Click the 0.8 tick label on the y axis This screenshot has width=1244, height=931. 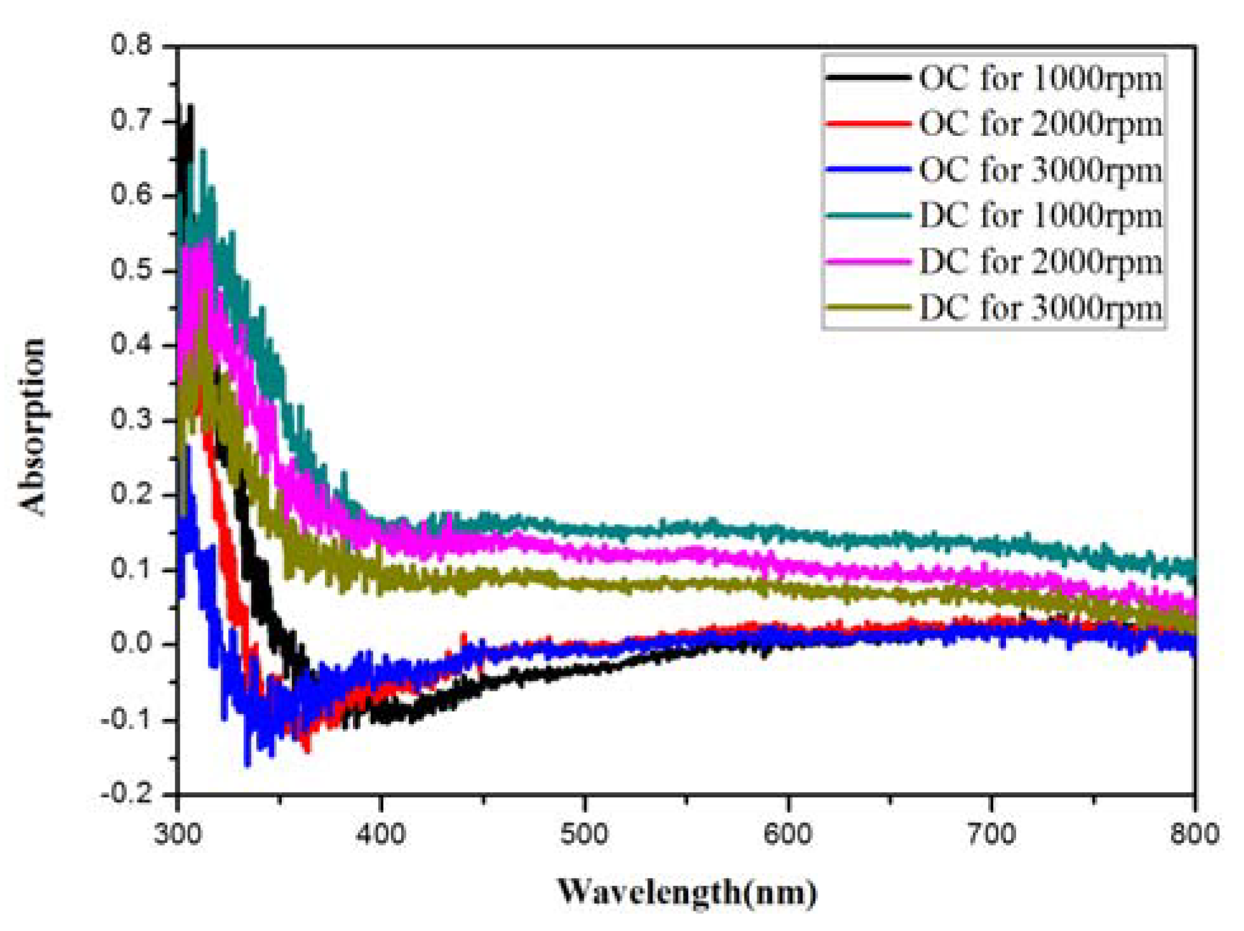tap(131, 46)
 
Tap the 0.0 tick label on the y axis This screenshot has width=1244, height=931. tap(131, 644)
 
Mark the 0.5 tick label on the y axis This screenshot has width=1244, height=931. tap(131, 270)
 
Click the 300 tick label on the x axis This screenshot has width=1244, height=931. tap(178, 833)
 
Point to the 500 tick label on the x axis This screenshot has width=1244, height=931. tap(585, 833)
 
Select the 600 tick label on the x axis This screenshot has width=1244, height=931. tap(788, 833)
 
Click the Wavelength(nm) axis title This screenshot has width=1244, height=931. tap(687, 892)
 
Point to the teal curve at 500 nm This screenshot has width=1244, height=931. tap(585, 529)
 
